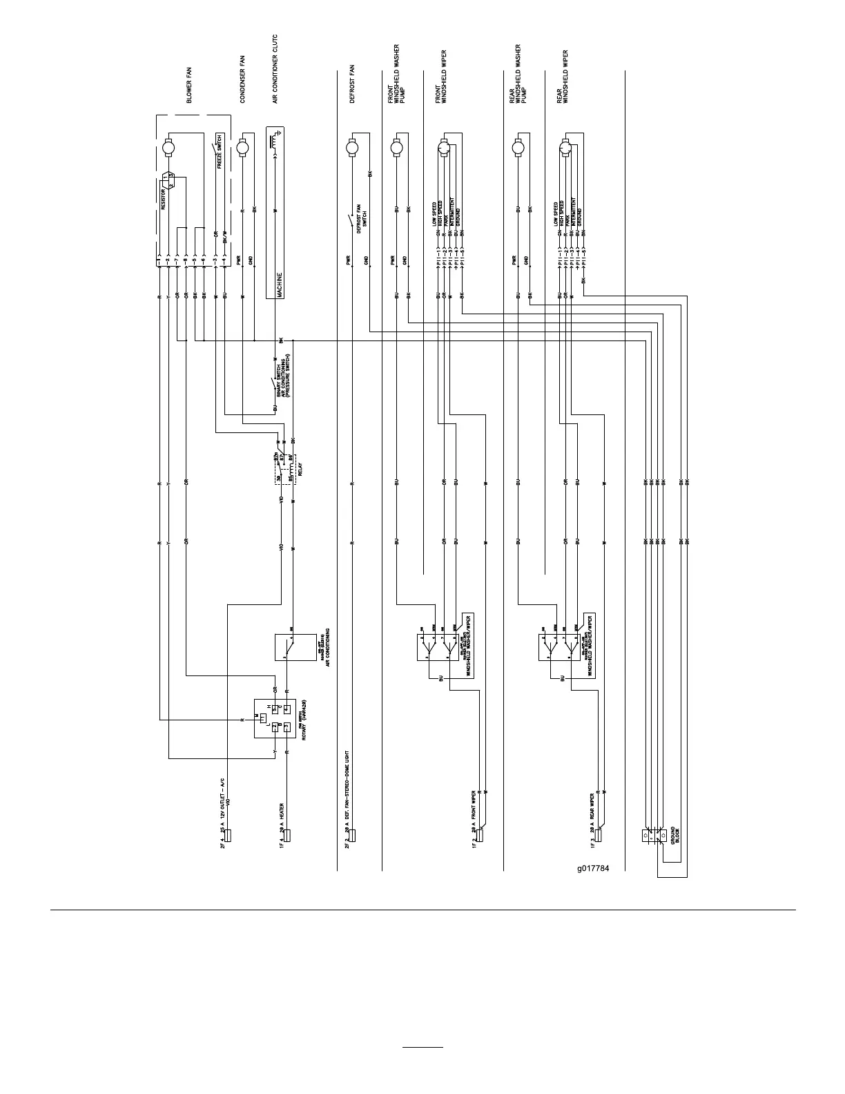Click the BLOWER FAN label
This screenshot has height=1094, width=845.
coord(190,90)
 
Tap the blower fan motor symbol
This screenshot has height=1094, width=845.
coord(168,147)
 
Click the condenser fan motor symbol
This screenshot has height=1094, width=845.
coord(242,147)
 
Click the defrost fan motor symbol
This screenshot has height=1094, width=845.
coord(353,147)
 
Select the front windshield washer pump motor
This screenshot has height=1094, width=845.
coord(396,147)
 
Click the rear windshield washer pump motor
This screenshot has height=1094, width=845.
coord(517,147)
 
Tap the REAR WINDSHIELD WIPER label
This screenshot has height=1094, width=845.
coord(563,77)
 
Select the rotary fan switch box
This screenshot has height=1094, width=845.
coord(275,718)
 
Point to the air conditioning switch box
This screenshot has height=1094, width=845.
coord(295,647)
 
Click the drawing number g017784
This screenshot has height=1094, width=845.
coord(593,868)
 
